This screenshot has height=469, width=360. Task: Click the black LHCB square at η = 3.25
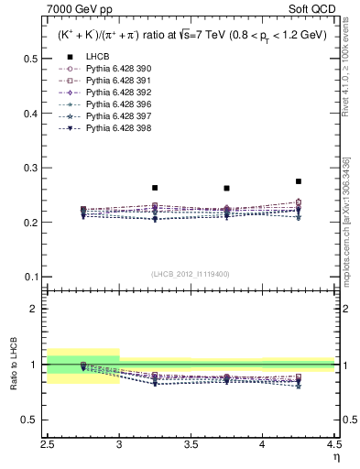point(155,188)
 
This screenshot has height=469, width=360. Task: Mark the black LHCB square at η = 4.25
point(299,181)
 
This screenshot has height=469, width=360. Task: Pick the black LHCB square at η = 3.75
point(226,189)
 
